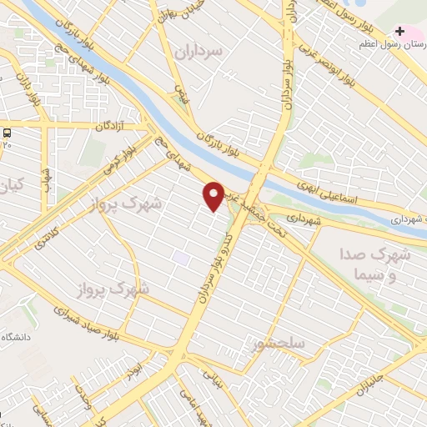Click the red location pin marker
point(213,195)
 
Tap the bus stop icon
point(8,133)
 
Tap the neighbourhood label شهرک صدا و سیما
point(376,263)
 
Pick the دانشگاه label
point(18,336)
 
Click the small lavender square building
point(181,258)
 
